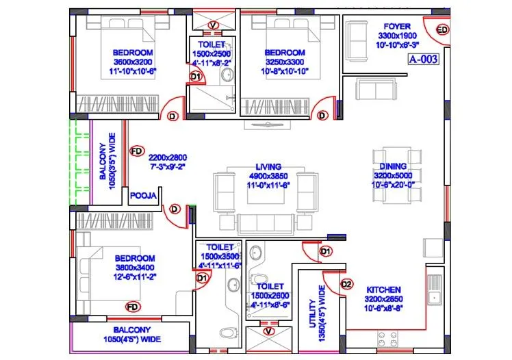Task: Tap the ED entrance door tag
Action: [x=442, y=29]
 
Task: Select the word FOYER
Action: [x=398, y=26]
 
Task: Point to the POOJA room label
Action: [x=144, y=196]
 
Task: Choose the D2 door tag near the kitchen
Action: [x=346, y=284]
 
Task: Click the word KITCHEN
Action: [x=383, y=290]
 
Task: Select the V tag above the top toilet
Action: [x=212, y=25]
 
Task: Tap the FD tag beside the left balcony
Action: [x=136, y=150]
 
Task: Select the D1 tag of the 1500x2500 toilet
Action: [x=195, y=77]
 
